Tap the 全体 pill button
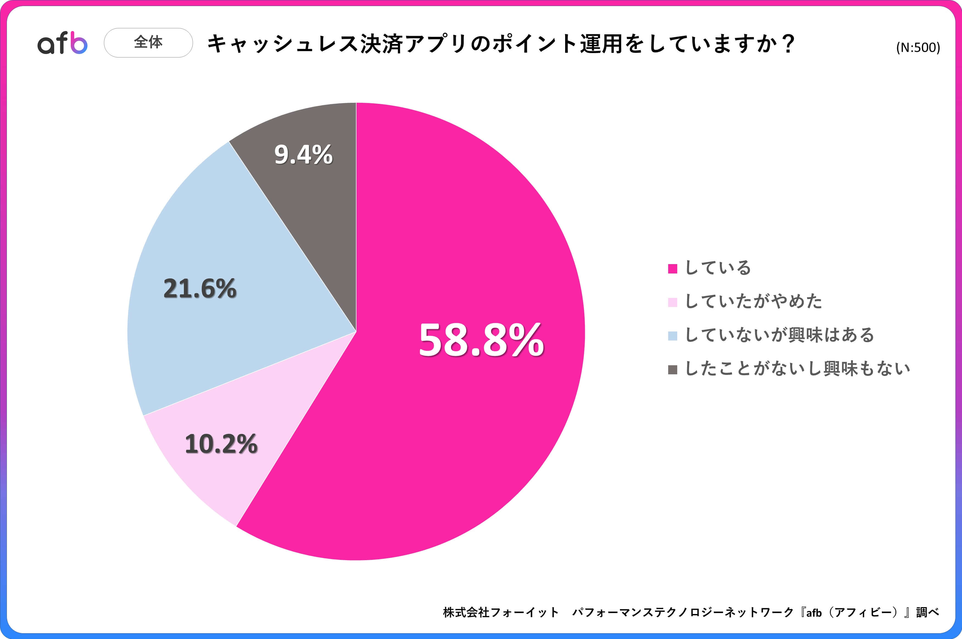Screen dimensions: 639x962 click(148, 42)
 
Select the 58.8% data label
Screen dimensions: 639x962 click(481, 340)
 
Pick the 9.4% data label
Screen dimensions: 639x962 click(303, 155)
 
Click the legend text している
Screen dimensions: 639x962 click(718, 268)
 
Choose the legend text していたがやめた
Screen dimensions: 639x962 click(753, 301)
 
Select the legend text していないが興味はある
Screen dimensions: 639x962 click(779, 335)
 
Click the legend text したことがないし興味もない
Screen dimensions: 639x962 click(797, 369)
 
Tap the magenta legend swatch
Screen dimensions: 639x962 click(672, 269)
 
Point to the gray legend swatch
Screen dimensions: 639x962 click(672, 370)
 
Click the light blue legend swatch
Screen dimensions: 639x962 click(672, 336)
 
